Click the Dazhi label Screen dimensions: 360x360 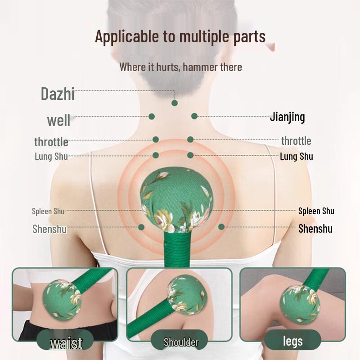(58, 94)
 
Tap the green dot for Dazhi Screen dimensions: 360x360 (175, 103)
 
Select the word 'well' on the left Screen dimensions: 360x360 (59, 120)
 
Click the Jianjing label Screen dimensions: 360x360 (287, 117)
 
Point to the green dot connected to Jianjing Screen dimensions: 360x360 (194, 116)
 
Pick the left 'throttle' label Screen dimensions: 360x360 (51, 142)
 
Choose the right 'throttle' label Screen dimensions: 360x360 (296, 141)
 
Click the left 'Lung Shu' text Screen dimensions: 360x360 (51, 156)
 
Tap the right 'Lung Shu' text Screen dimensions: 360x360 (297, 156)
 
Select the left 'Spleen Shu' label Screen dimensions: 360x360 (48, 211)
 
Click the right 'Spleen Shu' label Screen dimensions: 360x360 (316, 211)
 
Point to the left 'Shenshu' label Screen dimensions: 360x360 (49, 229)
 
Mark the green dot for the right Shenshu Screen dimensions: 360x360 (221, 227)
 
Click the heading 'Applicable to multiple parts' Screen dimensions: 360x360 (180, 36)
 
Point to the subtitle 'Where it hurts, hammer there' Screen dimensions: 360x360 (181, 67)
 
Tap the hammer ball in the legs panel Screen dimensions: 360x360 (300, 303)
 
